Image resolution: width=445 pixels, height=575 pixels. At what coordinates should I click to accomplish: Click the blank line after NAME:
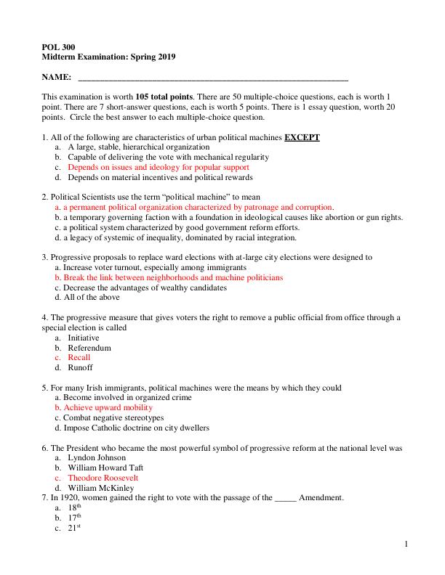212,77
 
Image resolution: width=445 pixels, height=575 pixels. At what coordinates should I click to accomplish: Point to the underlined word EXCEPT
302,136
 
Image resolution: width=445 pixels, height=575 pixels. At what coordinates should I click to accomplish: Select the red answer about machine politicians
169,277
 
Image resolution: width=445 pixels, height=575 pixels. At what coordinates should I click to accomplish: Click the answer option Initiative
84,338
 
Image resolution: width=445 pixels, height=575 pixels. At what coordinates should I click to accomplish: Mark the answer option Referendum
89,348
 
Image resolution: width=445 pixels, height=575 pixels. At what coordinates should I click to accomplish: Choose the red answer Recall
79,358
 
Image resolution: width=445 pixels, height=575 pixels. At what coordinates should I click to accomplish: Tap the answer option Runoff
80,367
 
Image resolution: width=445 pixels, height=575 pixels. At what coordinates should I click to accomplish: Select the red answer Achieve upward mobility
103,408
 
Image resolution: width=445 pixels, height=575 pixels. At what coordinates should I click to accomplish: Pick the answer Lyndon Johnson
96,458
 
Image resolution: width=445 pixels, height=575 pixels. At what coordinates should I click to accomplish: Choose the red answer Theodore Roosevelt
103,478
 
